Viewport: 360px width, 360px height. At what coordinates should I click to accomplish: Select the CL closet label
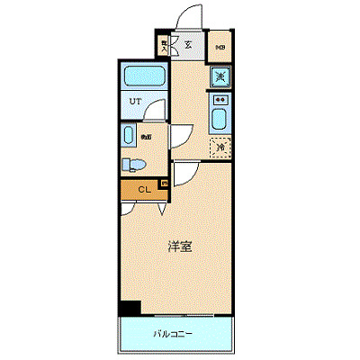coord(143,189)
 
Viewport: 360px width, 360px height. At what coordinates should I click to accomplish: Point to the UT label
coord(133,100)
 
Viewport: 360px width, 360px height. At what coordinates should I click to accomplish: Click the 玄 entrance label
coord(190,44)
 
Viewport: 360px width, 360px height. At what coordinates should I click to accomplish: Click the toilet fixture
coord(132,165)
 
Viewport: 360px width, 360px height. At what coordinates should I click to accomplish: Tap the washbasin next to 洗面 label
coord(130,136)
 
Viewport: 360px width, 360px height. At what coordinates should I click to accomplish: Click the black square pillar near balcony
coord(130,308)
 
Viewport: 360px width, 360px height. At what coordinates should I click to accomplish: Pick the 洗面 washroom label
coord(145,137)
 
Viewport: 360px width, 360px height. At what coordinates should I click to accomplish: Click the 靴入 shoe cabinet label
coord(165,44)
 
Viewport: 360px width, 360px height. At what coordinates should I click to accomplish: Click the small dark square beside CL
coord(164,184)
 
